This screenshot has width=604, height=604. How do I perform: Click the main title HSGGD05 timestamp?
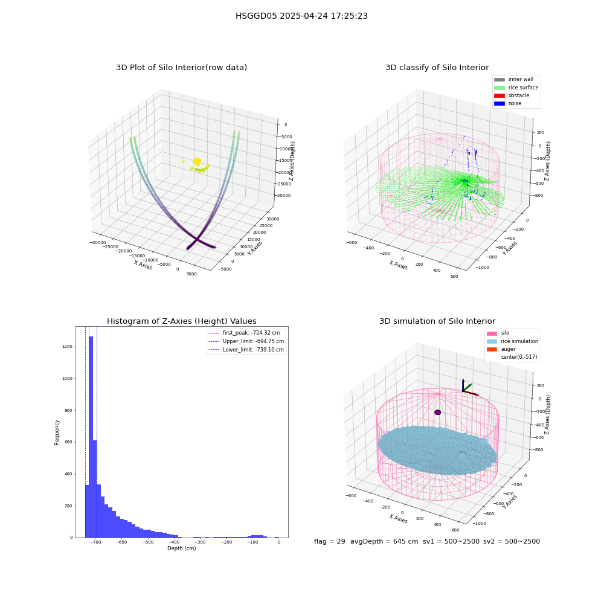coord(301,16)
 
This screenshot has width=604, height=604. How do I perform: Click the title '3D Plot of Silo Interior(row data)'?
coord(181,68)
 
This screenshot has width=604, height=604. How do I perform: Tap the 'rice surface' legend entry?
coord(516,88)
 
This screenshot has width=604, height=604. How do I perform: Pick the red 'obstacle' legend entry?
coord(512,95)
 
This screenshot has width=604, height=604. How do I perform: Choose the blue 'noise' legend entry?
coord(508,103)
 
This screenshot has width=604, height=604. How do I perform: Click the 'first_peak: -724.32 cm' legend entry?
coord(244,333)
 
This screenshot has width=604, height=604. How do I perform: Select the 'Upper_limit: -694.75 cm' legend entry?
coord(246,341)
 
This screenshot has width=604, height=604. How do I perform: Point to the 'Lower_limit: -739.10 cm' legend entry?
coord(246,350)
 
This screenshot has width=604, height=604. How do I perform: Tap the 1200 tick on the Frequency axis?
coord(68,347)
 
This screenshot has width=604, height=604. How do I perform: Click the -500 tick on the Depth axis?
coord(149,542)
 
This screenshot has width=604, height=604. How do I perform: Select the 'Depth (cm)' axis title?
coord(182,548)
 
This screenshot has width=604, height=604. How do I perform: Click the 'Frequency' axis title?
coord(57,432)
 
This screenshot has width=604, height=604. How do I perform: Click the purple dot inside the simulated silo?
coord(437,412)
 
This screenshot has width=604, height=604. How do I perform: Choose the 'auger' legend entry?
coord(501,349)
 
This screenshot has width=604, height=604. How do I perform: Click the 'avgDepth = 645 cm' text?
coord(384,541)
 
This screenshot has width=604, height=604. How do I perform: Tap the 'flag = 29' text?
coord(330,541)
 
